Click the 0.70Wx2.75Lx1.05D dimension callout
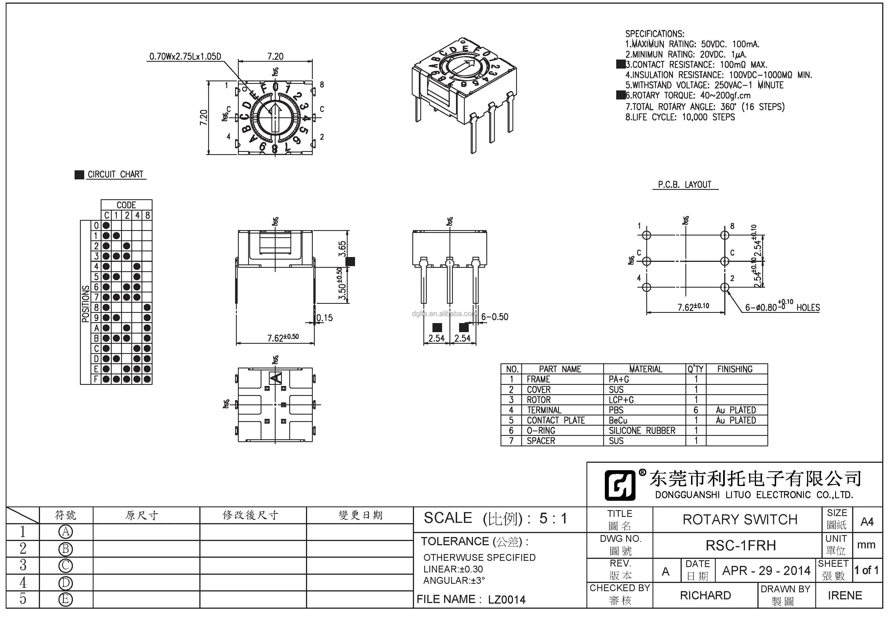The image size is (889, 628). [x=185, y=56]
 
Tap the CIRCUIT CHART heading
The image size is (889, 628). [x=115, y=175]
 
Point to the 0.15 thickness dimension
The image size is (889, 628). [x=324, y=318]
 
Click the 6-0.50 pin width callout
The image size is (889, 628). [x=495, y=317]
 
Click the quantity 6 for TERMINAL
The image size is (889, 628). [x=696, y=410]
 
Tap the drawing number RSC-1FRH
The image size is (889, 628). [x=741, y=545]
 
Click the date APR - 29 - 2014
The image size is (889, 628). [x=766, y=571]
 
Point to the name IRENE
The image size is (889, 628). [x=845, y=595]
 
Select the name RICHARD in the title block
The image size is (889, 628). [x=705, y=595]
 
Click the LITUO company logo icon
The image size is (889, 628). [x=620, y=485]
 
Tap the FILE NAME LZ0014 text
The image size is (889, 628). [x=471, y=599]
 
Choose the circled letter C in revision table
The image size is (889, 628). [x=66, y=566]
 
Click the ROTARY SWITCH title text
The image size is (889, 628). [x=740, y=519]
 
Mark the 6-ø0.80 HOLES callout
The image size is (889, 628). [x=782, y=307]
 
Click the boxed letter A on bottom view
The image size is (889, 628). [x=276, y=378]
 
